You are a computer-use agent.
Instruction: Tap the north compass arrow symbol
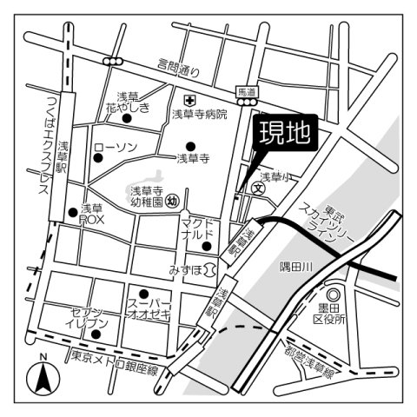click(x=40, y=377)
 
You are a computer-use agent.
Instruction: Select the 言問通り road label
click(x=179, y=65)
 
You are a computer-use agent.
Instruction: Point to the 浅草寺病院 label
click(x=199, y=114)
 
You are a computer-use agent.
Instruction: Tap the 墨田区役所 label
click(x=330, y=314)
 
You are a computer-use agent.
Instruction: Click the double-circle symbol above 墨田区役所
click(x=332, y=294)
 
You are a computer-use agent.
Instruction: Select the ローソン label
click(x=115, y=148)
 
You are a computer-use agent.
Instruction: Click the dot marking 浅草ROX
click(x=71, y=211)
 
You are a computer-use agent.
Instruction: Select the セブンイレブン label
click(x=86, y=318)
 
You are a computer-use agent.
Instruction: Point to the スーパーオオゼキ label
click(x=150, y=309)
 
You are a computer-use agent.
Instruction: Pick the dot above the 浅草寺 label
click(x=191, y=145)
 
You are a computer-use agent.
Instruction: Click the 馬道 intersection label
click(x=248, y=89)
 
